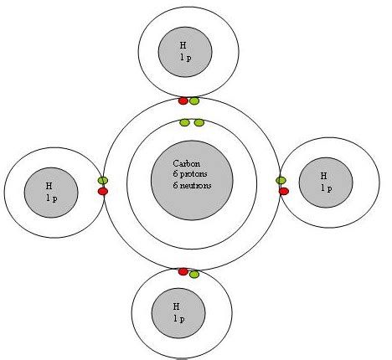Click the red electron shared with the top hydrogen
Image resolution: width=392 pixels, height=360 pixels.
coord(183,100)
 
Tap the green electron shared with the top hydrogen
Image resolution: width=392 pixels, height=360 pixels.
coord(194,100)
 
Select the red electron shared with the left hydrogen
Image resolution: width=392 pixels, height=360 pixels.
coord(103,191)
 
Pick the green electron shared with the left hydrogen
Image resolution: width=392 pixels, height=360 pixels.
coord(103,181)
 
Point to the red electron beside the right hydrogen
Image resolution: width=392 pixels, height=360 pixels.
coord(284,191)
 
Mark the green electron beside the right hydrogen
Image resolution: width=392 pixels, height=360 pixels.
coord(281,181)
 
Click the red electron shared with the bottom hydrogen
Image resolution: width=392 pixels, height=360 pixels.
coord(183,271)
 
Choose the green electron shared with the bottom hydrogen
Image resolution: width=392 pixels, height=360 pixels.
coord(194,275)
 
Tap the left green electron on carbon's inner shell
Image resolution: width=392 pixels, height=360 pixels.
coord(184,122)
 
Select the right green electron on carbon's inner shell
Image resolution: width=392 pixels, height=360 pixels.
coord(199,122)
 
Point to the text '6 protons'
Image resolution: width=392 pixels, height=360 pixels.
coord(190,174)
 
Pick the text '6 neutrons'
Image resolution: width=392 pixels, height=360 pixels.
coord(192,186)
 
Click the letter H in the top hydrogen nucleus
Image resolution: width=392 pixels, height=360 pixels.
coord(183,45)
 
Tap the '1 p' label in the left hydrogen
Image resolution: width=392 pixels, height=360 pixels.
coord(52,198)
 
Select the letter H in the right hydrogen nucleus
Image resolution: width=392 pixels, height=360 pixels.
coord(323,176)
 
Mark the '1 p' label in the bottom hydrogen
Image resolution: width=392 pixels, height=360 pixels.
coord(179,319)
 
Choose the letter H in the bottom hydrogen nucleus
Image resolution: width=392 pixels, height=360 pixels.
coord(176,306)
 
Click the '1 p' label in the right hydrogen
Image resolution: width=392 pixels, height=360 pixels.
coord(327,188)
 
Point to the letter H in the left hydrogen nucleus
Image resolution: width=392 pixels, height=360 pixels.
coord(49,186)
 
